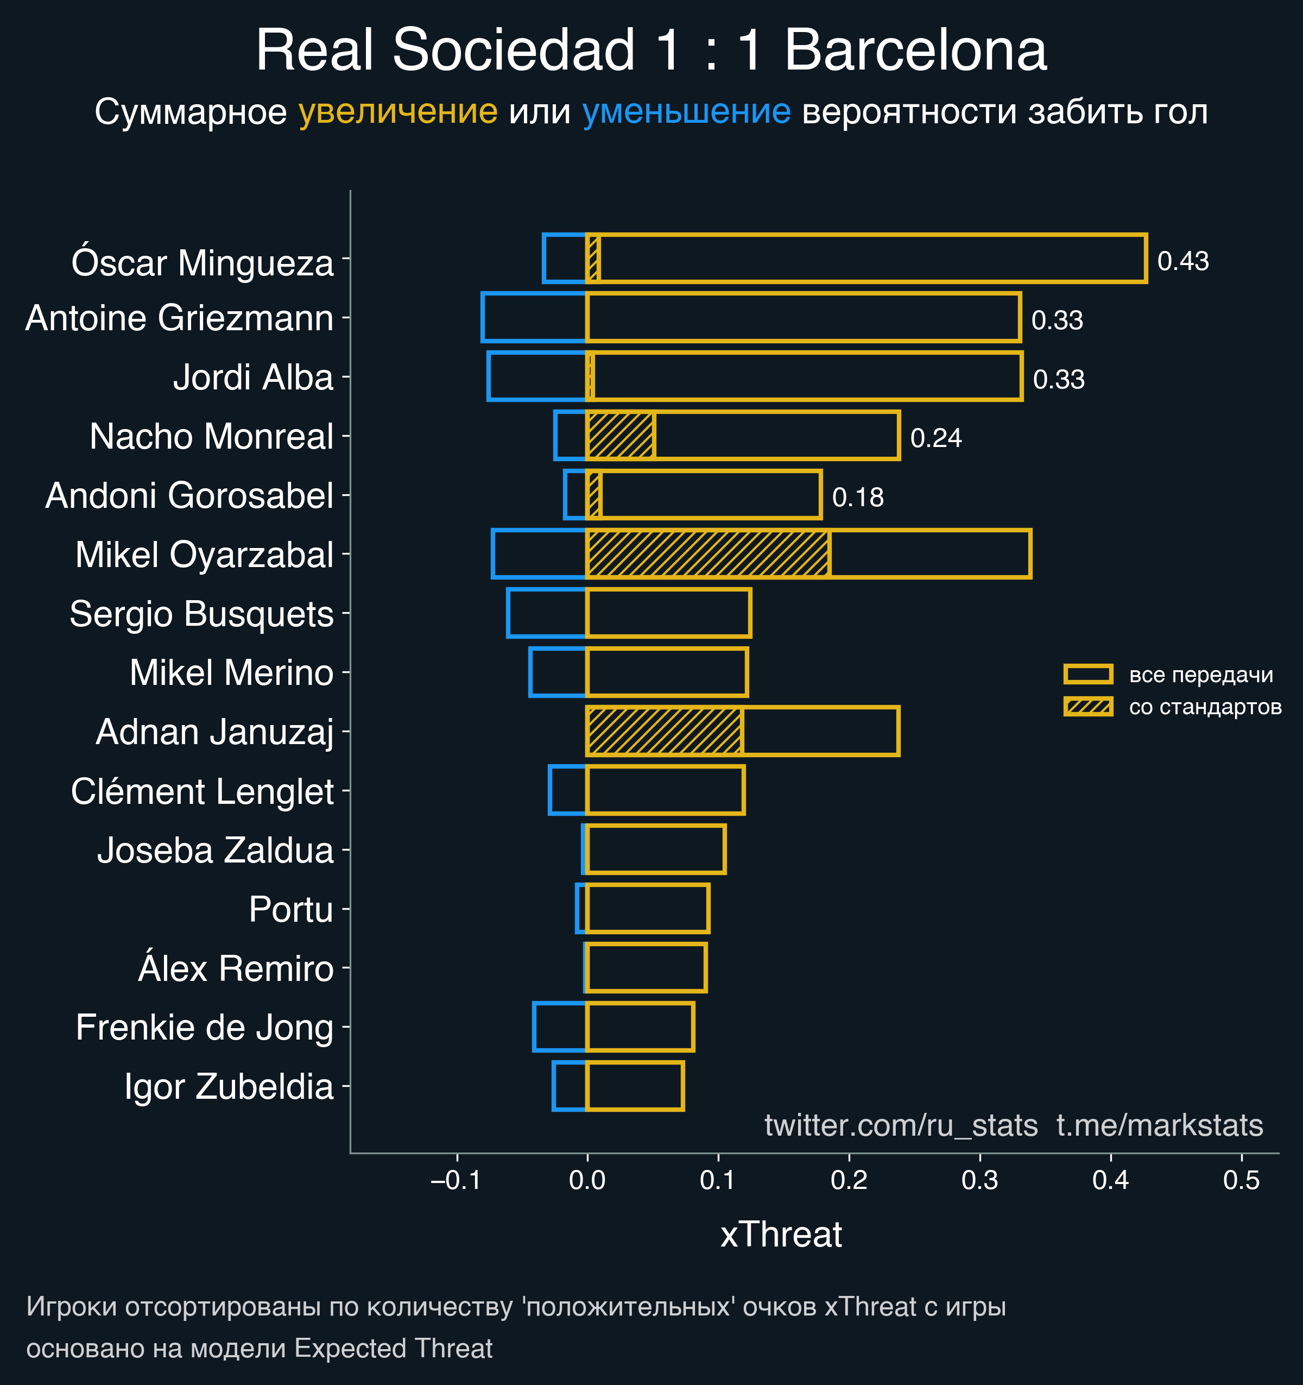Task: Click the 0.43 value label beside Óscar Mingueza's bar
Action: tap(1182, 261)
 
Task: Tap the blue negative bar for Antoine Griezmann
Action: tap(534, 318)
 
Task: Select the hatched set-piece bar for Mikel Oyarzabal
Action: tap(707, 554)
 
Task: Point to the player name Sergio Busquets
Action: tap(201, 614)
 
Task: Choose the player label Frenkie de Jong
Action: tap(204, 1028)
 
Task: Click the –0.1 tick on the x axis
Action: tap(456, 1180)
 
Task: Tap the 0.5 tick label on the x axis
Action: tap(1241, 1180)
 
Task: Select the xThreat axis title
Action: tap(781, 1235)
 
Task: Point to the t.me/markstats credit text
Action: tap(1160, 1125)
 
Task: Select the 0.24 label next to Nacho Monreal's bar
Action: tap(935, 438)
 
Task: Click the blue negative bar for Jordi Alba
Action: tap(537, 377)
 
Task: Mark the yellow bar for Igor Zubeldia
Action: tap(635, 1086)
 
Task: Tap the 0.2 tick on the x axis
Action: tap(849, 1180)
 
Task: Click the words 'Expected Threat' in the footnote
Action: tap(394, 1349)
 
